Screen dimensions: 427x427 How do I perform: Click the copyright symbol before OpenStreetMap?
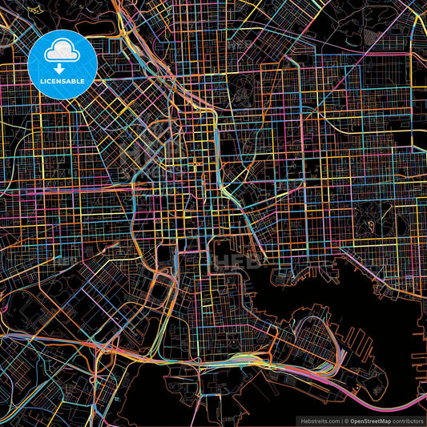[345, 420]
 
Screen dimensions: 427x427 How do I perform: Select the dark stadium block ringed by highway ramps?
[164, 255]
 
